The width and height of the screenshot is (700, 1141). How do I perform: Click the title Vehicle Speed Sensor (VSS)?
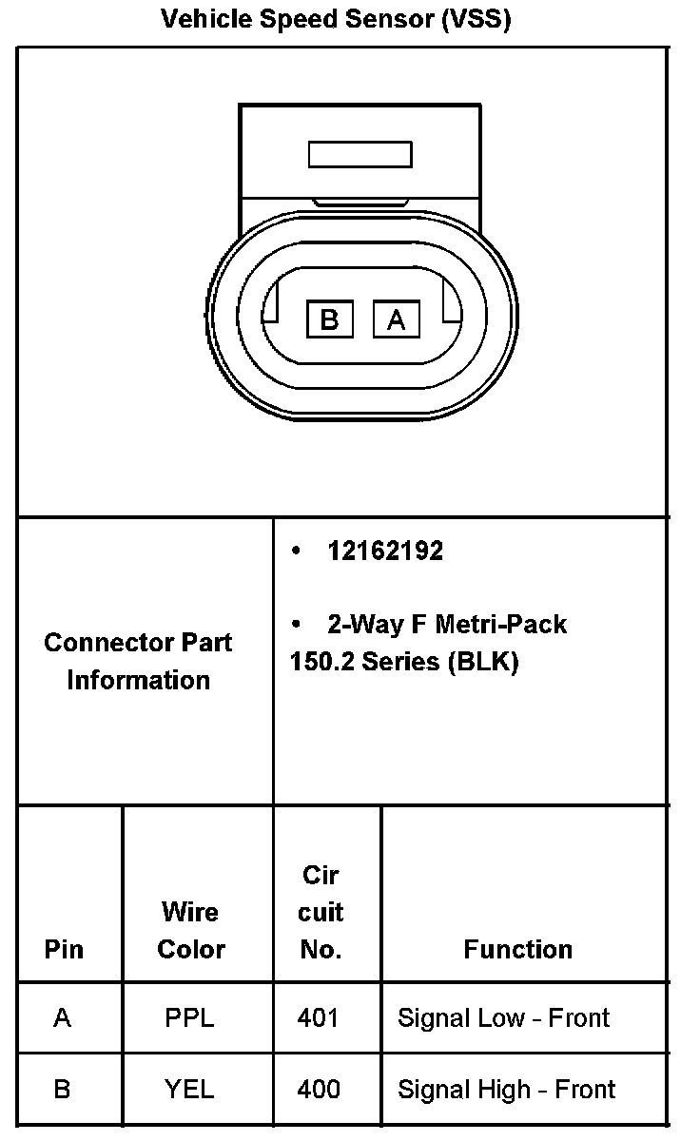coord(336,18)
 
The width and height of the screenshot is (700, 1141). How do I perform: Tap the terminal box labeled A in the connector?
coord(397,319)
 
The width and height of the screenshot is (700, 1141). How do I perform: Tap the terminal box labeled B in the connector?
coord(329,319)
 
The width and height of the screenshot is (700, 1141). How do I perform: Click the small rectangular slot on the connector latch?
coord(360,154)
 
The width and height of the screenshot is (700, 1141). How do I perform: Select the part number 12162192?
coord(385,551)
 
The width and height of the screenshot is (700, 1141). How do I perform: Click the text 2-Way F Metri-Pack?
coord(446,624)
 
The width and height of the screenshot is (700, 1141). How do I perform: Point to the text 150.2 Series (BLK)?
coord(404,662)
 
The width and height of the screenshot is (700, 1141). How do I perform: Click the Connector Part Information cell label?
coord(139,661)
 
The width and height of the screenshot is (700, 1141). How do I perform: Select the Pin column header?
coord(64,949)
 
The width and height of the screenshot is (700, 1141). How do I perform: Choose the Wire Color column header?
coord(191,930)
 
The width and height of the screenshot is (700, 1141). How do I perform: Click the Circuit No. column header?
coord(321,912)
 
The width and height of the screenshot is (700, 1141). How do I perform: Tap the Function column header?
coord(518,949)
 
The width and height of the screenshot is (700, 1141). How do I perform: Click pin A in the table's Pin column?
coord(63,1018)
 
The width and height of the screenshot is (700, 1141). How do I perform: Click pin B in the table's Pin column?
coord(62,1089)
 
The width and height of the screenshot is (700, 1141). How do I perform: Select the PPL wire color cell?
coord(190,1018)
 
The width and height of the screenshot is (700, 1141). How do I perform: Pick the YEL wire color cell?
coord(190,1089)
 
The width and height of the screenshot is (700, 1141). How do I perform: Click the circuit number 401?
coord(318,1018)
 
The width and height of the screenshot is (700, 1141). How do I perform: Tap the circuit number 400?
coord(319,1089)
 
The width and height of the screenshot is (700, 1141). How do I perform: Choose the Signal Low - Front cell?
coord(503,1018)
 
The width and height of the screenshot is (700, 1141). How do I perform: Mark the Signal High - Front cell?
coord(506,1089)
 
